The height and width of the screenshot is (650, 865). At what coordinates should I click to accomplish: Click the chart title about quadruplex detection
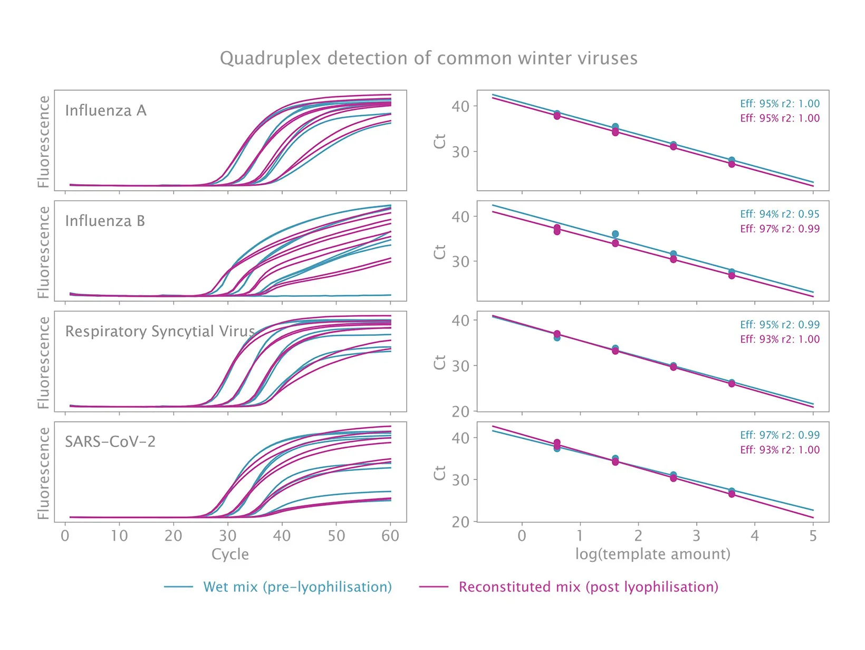click(x=428, y=58)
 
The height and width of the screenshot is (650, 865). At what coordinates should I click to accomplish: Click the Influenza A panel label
click(x=105, y=111)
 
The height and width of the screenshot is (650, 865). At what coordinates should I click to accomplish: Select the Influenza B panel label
click(x=105, y=221)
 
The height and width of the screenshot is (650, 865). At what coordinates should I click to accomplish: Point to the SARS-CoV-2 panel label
click(x=110, y=442)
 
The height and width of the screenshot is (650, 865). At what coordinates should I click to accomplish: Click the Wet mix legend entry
click(x=297, y=587)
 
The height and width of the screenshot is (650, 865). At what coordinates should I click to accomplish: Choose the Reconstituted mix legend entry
click(x=588, y=587)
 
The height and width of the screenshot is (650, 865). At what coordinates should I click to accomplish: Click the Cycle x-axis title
click(x=230, y=554)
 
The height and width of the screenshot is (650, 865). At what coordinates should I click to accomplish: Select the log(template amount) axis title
click(x=652, y=554)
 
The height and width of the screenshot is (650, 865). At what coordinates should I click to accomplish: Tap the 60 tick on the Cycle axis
click(x=390, y=536)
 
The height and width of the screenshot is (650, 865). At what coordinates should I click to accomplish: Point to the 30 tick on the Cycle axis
click(x=227, y=536)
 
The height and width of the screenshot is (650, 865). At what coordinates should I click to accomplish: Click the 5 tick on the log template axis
click(x=813, y=536)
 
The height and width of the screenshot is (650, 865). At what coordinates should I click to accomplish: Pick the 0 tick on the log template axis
click(x=522, y=536)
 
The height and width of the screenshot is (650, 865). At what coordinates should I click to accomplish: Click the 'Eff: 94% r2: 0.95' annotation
click(x=780, y=214)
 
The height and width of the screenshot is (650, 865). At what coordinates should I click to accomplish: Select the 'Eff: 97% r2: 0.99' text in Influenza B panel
click(x=780, y=229)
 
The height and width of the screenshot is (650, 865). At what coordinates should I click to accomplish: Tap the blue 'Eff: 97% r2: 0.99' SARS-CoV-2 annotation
click(x=780, y=436)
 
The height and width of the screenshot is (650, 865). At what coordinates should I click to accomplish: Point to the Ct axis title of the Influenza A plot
click(x=440, y=141)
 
